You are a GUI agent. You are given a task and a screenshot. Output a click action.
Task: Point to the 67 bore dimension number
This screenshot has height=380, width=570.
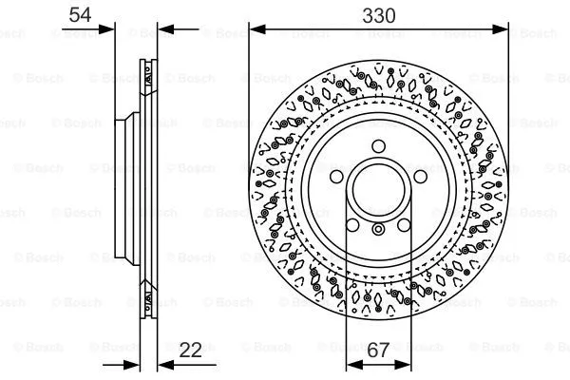point(378,351)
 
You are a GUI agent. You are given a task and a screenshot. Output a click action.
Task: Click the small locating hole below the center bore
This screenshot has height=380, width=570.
point(378,229)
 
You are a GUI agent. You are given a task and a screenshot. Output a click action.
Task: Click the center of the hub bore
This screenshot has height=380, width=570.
point(378,188)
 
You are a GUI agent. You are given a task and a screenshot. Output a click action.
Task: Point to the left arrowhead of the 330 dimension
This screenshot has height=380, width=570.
point(255,30)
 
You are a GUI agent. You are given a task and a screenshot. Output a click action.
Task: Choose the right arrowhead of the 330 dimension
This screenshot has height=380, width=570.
point(503,30)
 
